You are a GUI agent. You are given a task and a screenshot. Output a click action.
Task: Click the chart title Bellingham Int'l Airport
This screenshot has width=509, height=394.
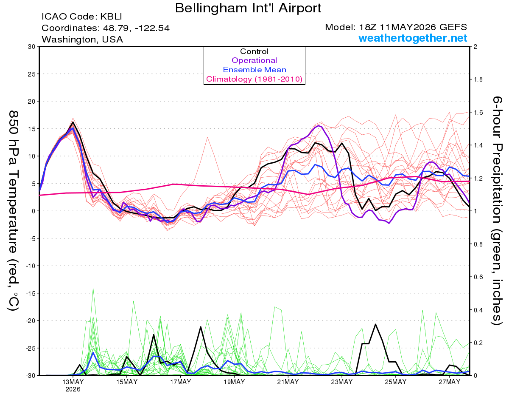tap(248, 8)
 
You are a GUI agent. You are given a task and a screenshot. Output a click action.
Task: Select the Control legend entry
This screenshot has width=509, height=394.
tap(254, 51)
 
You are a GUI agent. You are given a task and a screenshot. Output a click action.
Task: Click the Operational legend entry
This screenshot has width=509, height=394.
tap(254, 60)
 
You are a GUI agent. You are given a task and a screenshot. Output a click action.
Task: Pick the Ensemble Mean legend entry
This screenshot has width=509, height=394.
tap(255, 70)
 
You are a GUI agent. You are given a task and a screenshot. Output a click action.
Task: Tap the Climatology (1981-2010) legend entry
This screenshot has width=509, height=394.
tap(254, 79)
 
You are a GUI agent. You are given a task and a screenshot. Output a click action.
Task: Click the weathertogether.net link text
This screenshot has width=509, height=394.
tap(413, 38)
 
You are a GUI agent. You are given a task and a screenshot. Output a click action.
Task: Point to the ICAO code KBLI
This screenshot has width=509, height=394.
tap(111, 17)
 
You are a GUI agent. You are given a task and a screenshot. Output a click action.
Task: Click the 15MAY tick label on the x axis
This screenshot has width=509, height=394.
tap(127, 382)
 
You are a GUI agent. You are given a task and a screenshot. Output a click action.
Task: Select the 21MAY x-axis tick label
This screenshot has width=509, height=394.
tap(288, 382)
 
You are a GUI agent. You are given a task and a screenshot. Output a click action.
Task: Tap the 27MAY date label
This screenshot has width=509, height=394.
tap(449, 382)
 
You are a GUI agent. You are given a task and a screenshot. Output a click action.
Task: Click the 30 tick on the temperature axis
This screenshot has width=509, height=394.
tap(32, 47)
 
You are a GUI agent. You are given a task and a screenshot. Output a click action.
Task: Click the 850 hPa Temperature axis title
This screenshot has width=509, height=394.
tap(14, 210)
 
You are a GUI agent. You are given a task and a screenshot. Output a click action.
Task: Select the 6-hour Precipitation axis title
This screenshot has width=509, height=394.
tap(497, 210)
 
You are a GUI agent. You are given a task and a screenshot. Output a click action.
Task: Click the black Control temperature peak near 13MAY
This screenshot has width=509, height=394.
tap(73, 122)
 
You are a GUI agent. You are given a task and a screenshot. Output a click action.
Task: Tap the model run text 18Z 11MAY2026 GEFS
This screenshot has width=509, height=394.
tap(413, 27)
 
